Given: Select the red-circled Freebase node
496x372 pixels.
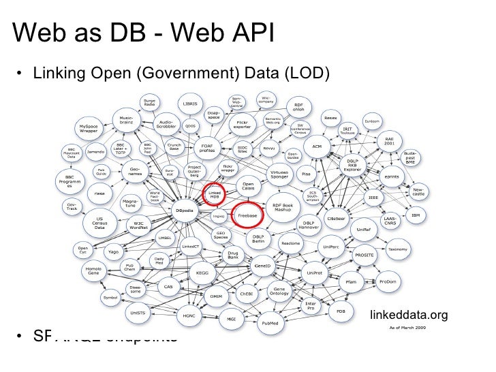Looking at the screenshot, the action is coord(246,214).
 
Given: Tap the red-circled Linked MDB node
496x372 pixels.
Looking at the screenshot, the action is coord(215,195).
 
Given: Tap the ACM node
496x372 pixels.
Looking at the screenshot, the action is coord(316,146).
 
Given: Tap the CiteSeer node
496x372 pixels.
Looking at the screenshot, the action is coord(336,219).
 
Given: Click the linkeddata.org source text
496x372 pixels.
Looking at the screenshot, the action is coord(408,315).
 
